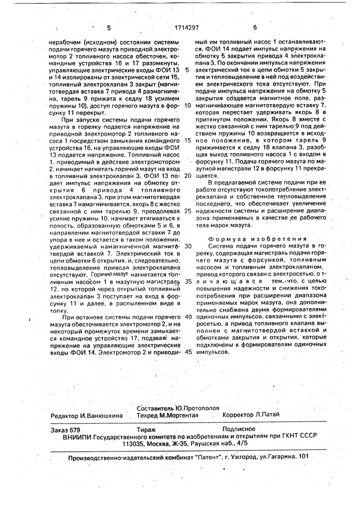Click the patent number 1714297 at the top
click(x=178, y=29)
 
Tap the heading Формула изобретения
click(x=259, y=238)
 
